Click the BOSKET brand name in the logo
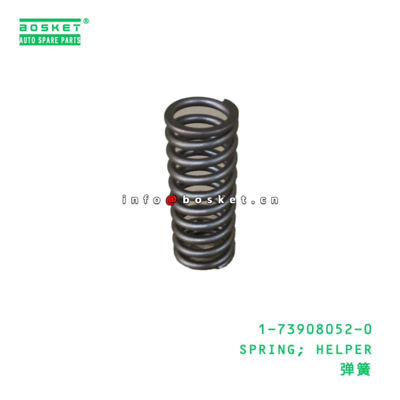pyautogui.click(x=50, y=28)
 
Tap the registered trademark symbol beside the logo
pyautogui.click(x=86, y=21)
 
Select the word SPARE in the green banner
pyautogui.click(x=48, y=40)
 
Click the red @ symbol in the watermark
pyautogui.click(x=171, y=200)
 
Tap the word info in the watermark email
pyautogui.click(x=141, y=200)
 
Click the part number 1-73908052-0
pyautogui.click(x=315, y=329)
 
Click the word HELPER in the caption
pyautogui.click(x=344, y=350)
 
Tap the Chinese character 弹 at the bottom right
pyautogui.click(x=347, y=370)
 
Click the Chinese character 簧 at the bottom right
pyautogui.click(x=363, y=370)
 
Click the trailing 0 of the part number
pyautogui.click(x=367, y=329)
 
